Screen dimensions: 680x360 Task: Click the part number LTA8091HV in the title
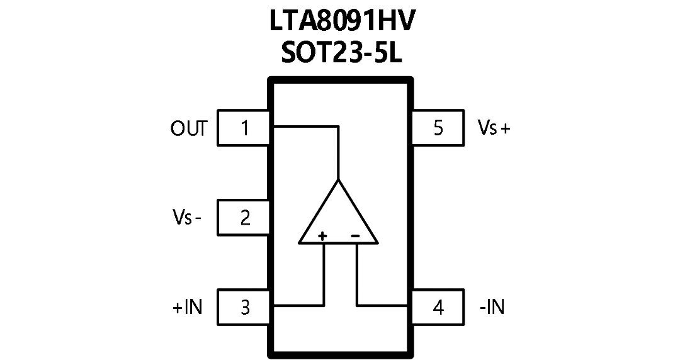tap(341, 21)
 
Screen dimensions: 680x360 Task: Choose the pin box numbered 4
tap(438, 307)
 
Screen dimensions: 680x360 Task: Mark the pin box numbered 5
tap(438, 128)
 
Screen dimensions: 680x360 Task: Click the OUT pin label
tap(189, 128)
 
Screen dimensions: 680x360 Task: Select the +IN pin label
tap(188, 308)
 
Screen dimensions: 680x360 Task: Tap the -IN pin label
tap(492, 308)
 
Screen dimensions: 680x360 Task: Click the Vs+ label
tap(494, 128)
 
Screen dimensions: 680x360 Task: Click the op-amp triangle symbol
tap(338, 211)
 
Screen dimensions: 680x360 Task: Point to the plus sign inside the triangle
tap(322, 237)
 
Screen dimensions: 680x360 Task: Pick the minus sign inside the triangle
tap(355, 236)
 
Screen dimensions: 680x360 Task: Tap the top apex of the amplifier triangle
tap(339, 179)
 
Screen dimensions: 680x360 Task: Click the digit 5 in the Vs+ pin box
tap(438, 128)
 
